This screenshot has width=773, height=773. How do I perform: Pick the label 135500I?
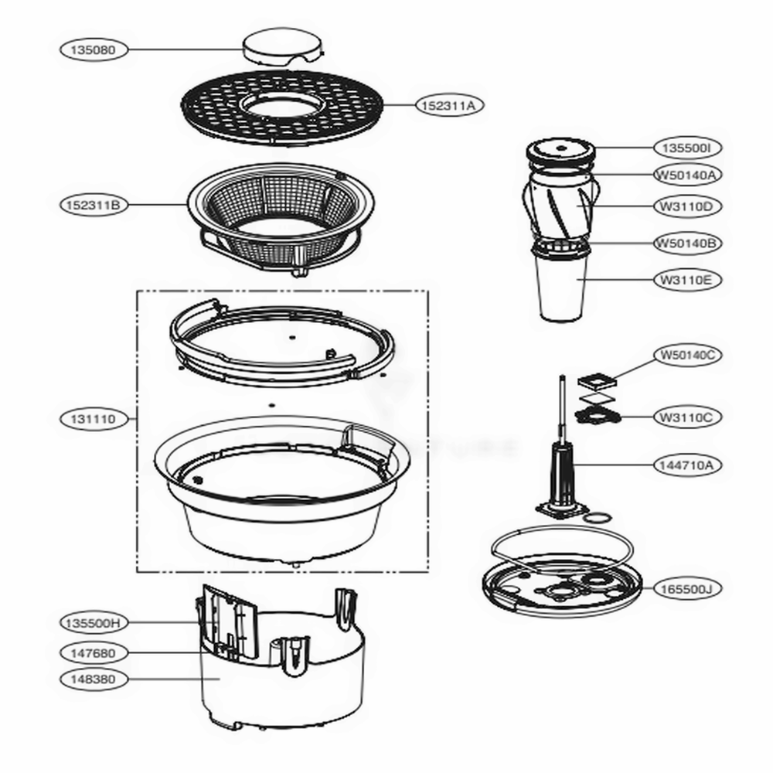coord(687,147)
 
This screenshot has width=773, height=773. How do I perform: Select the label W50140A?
coord(687,175)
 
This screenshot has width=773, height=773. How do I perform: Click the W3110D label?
coord(687,206)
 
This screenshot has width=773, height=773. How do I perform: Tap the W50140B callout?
coord(687,243)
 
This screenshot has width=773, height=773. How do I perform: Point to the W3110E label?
coord(687,280)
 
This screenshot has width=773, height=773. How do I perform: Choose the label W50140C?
coord(687,356)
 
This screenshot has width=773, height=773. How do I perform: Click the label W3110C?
coord(687,417)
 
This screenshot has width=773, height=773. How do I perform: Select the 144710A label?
coord(687,465)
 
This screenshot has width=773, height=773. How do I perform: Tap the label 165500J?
coord(687,588)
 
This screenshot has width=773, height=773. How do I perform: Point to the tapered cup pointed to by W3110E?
coord(563,290)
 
